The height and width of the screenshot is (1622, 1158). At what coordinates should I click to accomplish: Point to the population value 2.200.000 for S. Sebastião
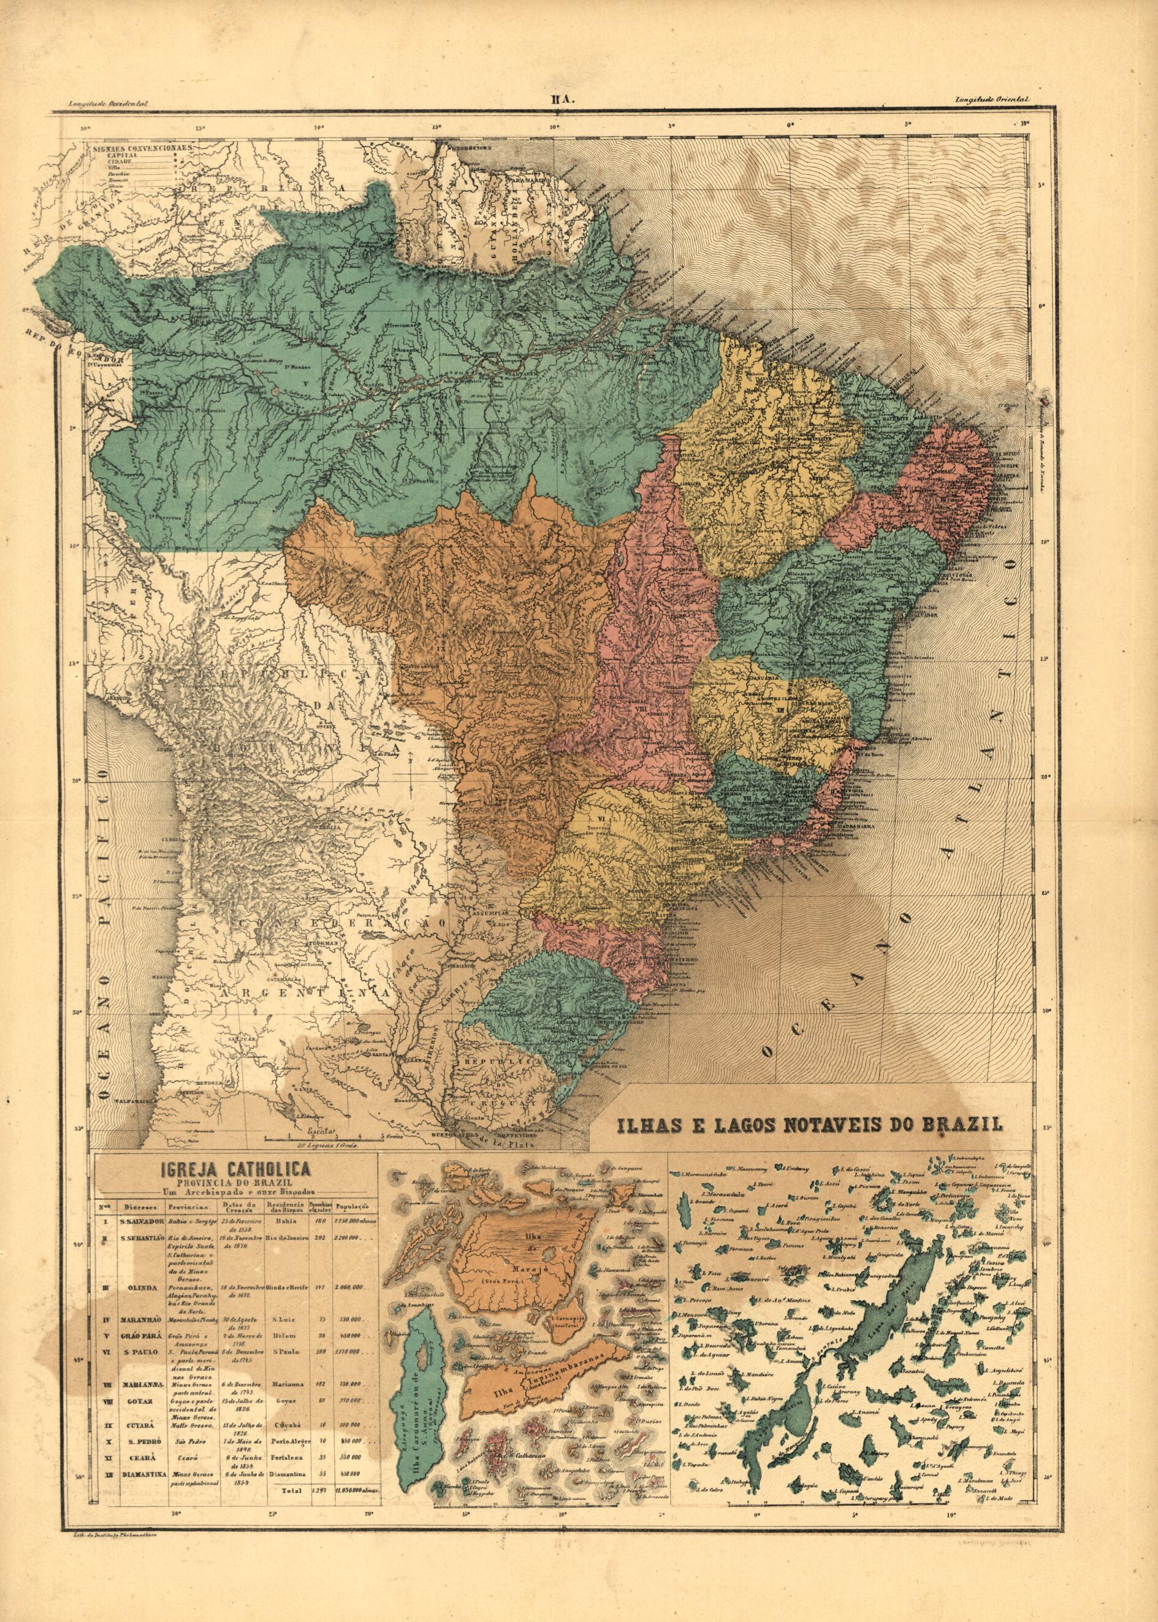350,1238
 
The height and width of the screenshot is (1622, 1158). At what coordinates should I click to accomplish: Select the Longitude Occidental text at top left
109,104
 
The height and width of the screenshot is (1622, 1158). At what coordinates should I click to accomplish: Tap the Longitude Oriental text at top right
989,102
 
